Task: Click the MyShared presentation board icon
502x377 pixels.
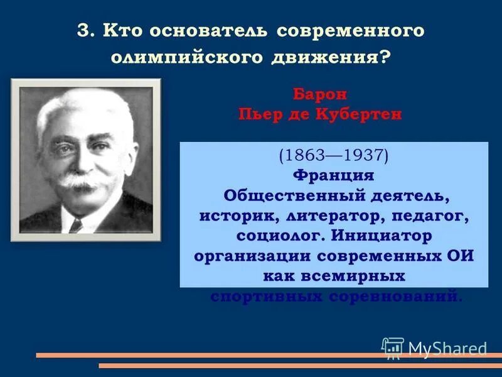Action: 393,347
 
